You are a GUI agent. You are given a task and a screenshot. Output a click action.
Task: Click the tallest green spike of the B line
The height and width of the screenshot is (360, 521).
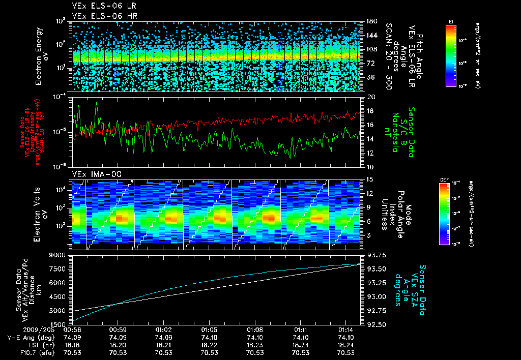click(97, 103)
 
